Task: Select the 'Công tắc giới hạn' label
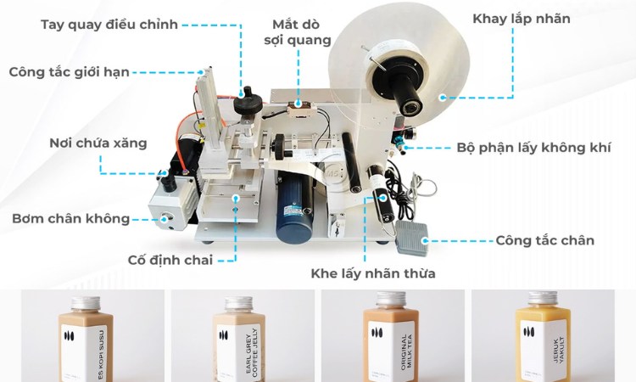pos(70,71)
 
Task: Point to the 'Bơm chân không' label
pos(71,218)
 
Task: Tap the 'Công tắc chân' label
pos(545,240)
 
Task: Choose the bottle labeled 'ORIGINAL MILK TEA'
pos(390,340)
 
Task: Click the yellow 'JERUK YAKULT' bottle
pos(541,340)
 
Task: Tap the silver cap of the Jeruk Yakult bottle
pos(541,298)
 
